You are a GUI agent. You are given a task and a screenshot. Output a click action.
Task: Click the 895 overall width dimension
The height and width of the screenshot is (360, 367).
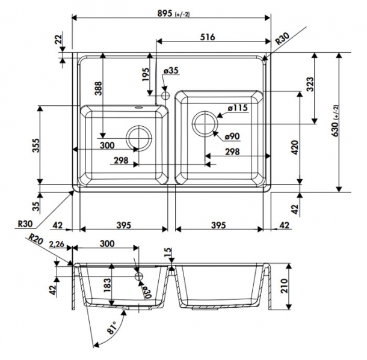pyautogui.click(x=173, y=14)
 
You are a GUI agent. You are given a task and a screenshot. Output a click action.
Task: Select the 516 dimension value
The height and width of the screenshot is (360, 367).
pyautogui.click(x=208, y=37)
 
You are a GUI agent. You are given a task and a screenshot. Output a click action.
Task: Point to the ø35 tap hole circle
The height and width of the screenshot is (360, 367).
pyautogui.click(x=165, y=96)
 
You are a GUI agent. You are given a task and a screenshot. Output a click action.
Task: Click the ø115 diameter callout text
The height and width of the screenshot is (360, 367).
pyautogui.click(x=238, y=108)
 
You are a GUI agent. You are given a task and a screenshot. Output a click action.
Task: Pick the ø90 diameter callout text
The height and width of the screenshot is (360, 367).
pyautogui.click(x=232, y=136)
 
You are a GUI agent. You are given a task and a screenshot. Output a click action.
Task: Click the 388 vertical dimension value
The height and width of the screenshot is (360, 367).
pyautogui.click(x=99, y=88)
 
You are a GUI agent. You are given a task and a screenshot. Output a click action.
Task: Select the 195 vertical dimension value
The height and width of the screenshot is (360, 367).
pyautogui.click(x=146, y=75)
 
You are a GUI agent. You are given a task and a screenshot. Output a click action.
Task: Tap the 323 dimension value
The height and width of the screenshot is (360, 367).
pyautogui.click(x=309, y=84)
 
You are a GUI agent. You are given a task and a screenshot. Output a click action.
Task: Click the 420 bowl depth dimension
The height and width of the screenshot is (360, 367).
pyautogui.click(x=295, y=147)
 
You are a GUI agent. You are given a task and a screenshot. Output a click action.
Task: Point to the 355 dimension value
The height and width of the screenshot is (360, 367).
pyautogui.click(x=36, y=145)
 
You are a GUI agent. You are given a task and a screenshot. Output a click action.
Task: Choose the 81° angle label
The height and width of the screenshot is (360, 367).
pyautogui.click(x=113, y=328)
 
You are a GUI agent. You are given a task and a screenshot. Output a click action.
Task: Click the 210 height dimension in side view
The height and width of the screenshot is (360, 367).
pyautogui.click(x=284, y=285)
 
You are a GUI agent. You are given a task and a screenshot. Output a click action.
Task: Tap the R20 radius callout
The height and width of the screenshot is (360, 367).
pyautogui.click(x=35, y=239)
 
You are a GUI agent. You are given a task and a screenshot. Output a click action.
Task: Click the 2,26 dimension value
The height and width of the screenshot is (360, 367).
pyautogui.click(x=57, y=244)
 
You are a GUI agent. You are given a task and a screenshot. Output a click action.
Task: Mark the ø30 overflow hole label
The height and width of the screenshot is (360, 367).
pyautogui.click(x=147, y=292)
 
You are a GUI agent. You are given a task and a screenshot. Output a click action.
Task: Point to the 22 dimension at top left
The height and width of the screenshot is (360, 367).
pyautogui.click(x=58, y=39)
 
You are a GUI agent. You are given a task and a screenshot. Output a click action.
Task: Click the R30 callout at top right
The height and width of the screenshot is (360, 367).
pyautogui.click(x=282, y=39)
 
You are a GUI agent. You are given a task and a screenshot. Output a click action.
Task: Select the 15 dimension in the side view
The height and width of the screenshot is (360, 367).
pyautogui.click(x=168, y=252)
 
